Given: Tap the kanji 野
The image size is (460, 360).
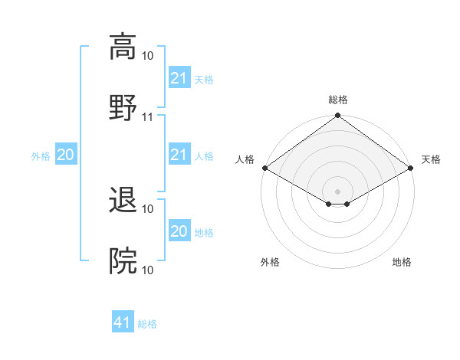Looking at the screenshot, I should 123,107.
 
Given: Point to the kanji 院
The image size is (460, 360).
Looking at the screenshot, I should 123,260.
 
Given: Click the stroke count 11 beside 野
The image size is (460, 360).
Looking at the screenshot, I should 148,117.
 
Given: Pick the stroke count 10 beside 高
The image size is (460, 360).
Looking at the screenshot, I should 148,56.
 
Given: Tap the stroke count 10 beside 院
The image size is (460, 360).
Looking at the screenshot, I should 148,270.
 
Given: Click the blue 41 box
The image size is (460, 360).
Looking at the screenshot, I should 123,323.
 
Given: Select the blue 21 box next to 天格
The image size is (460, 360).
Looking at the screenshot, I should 179,78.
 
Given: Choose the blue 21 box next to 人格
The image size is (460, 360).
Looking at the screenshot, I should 179,155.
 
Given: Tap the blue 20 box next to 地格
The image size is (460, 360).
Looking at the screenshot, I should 179,231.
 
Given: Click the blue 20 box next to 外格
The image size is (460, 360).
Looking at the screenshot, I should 65,155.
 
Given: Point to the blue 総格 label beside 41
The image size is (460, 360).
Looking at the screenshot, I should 147,324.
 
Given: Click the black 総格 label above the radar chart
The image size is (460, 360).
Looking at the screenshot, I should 337,100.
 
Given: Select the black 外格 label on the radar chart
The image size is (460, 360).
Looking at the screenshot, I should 270,263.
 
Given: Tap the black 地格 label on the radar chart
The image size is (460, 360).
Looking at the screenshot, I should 402,263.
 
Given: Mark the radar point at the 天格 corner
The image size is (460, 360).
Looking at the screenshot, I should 411,168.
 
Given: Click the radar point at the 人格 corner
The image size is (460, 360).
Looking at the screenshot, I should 264,168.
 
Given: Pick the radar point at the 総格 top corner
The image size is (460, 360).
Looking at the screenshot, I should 337,116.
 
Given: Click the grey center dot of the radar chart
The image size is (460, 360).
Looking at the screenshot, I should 337,190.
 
